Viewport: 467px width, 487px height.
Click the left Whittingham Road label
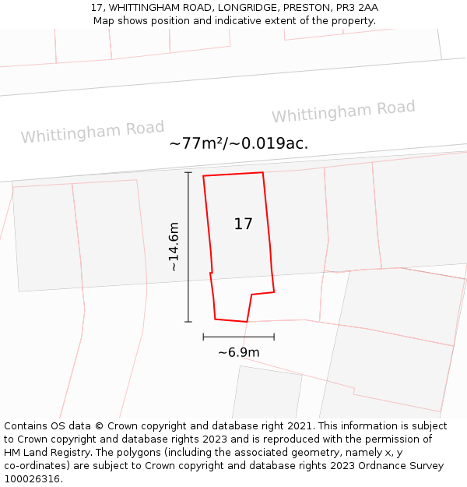(93, 132)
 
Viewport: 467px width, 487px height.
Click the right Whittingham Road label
(343, 111)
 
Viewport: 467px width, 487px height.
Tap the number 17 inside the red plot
(243, 224)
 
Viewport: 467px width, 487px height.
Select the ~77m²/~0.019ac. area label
(238, 143)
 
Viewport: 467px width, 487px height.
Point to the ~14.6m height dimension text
(174, 247)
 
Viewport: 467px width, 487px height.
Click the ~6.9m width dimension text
(238, 353)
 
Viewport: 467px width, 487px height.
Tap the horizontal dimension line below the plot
(238, 337)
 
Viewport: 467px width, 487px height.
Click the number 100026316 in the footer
(32, 479)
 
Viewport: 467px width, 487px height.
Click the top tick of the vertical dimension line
(188, 172)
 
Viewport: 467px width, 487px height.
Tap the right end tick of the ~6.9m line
(274, 337)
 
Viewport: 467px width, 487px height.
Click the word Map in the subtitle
(104, 21)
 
